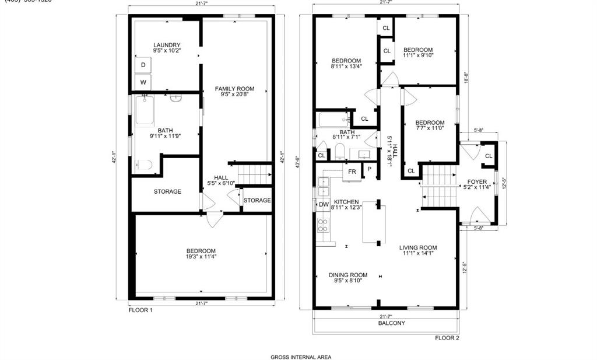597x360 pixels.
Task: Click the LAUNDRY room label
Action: (167, 45)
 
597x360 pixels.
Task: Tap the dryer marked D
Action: (143, 65)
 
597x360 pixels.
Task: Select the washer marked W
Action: (143, 82)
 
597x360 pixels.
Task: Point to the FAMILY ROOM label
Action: (234, 89)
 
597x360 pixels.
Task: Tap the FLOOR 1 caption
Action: (141, 310)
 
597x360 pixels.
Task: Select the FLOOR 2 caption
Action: (447, 338)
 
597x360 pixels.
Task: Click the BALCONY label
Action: (391, 323)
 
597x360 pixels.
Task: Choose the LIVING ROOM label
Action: (418, 247)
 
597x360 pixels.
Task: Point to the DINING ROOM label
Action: (347, 275)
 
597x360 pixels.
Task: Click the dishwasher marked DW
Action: (323, 204)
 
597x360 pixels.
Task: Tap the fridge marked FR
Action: (352, 172)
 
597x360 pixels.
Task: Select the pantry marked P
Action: (369, 170)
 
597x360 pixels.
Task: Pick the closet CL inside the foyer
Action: (489, 156)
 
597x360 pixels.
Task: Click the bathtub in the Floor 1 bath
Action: (145, 111)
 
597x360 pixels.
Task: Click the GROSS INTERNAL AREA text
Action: (301, 357)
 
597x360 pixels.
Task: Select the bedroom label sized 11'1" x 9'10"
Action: (418, 50)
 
